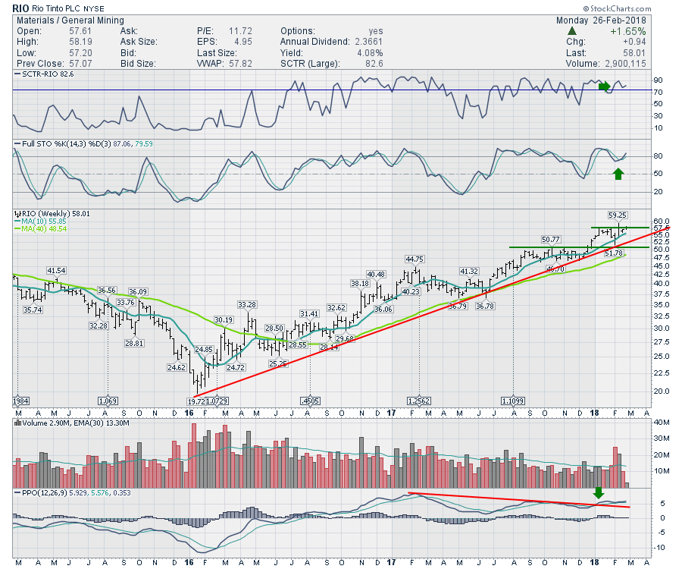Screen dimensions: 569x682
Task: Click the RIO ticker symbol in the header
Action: click(22, 8)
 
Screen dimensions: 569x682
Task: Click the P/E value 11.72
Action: click(241, 31)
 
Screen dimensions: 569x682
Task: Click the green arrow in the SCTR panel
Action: click(604, 86)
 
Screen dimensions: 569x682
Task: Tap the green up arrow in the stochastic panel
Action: click(618, 174)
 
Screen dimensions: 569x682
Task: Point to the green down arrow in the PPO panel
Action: click(599, 493)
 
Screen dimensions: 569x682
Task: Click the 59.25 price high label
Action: click(618, 215)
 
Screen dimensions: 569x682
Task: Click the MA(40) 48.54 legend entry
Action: click(41, 228)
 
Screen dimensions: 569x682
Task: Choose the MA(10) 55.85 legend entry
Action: click(41, 221)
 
